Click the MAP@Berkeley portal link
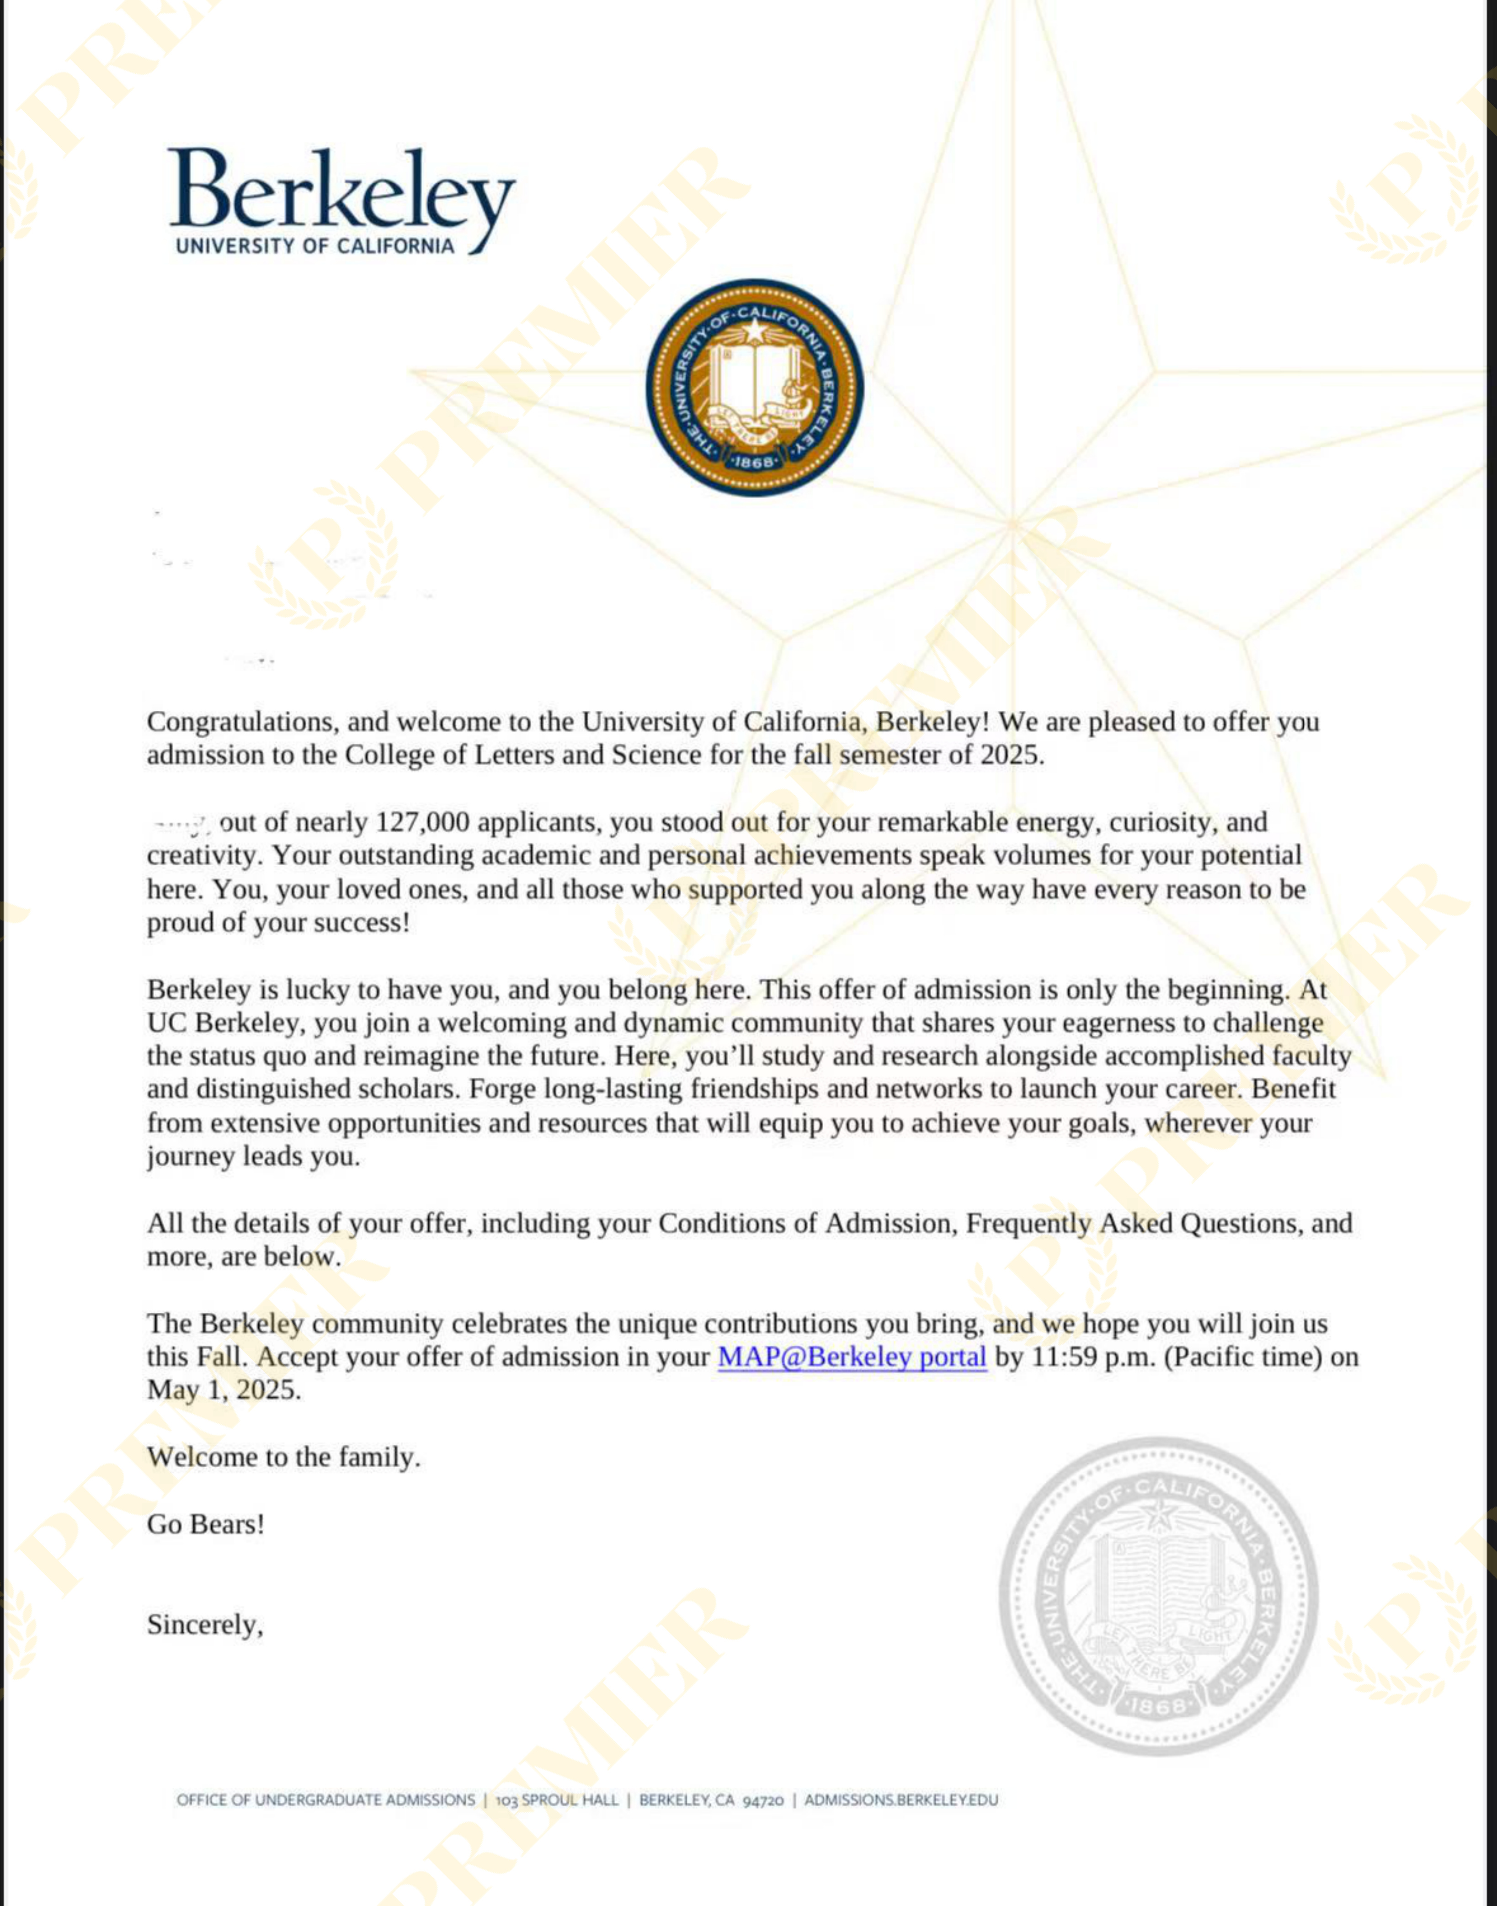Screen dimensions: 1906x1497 click(x=852, y=1357)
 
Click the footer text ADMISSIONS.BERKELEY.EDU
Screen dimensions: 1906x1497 click(x=901, y=1800)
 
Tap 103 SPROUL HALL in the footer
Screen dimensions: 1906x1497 click(x=557, y=1800)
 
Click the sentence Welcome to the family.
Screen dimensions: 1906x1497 click(x=283, y=1457)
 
